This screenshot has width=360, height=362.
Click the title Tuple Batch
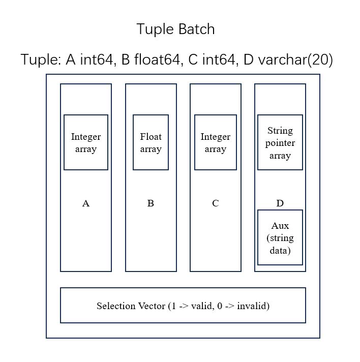pyautogui.click(x=175, y=29)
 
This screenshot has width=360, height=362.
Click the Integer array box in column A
pyautogui.click(x=85, y=142)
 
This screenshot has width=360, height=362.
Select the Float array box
pyautogui.click(x=151, y=142)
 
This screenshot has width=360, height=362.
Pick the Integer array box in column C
pyautogui.click(x=215, y=142)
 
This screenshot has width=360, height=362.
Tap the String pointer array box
pyautogui.click(x=280, y=142)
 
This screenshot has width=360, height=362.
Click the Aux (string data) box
pyautogui.click(x=280, y=237)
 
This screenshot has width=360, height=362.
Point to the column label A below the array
pyautogui.click(x=85, y=203)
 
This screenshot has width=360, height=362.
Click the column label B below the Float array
pyautogui.click(x=151, y=203)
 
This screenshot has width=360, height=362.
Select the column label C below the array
pyautogui.click(x=215, y=203)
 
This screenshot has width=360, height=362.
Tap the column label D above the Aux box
pyautogui.click(x=280, y=203)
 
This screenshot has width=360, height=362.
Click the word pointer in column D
pyautogui.click(x=280, y=143)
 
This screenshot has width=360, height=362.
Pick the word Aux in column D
pyautogui.click(x=280, y=225)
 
